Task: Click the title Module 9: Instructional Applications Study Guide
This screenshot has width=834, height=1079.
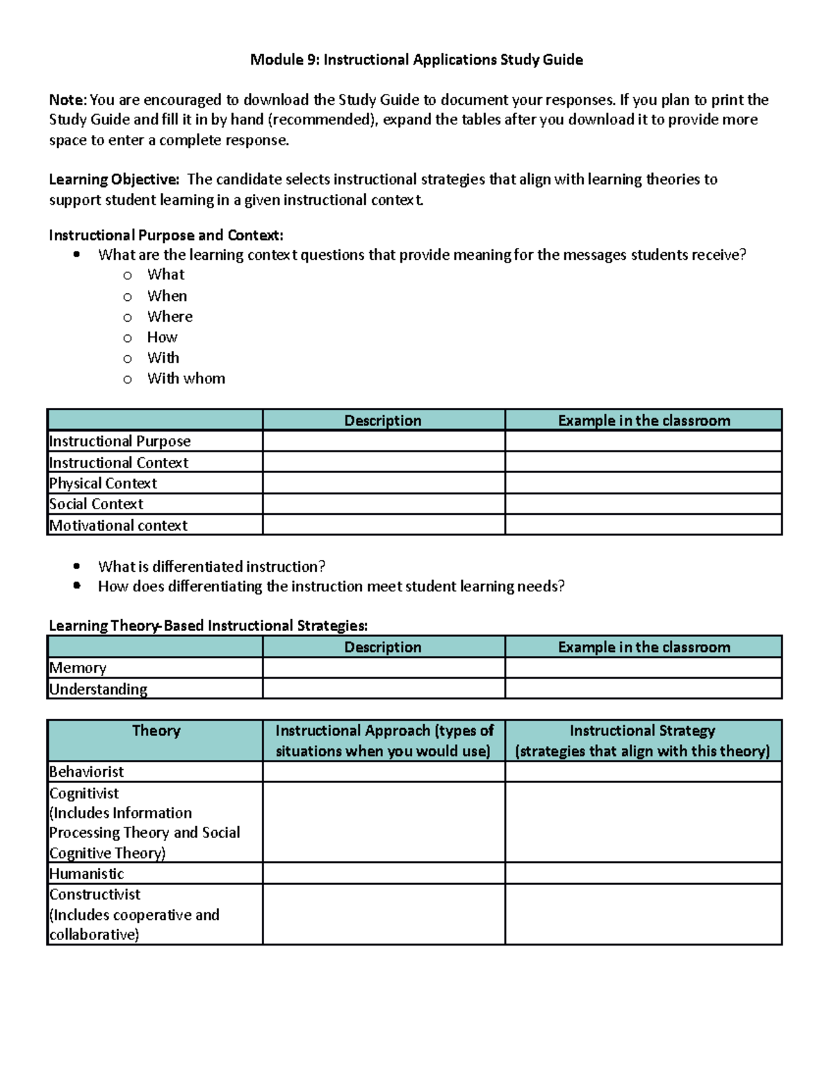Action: [x=416, y=60]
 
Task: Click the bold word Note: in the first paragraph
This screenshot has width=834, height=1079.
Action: [x=67, y=100]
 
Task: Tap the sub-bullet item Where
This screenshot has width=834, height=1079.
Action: [x=170, y=317]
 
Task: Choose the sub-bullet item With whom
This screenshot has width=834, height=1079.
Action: [x=186, y=379]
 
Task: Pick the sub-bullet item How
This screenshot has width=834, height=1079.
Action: [x=162, y=338]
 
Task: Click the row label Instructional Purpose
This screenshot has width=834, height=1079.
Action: [x=120, y=441]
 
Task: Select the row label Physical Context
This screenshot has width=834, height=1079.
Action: [x=103, y=483]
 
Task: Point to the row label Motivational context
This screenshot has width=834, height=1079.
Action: [x=118, y=525]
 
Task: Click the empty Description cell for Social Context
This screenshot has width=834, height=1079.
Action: [x=384, y=504]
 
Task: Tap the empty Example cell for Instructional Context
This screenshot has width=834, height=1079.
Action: [x=643, y=462]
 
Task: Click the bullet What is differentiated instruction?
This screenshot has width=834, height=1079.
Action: [x=211, y=566]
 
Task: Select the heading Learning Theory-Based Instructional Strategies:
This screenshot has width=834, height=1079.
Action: [x=208, y=625]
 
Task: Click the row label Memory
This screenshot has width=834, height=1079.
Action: [x=78, y=668]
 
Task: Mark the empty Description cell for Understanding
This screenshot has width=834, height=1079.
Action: [x=384, y=689]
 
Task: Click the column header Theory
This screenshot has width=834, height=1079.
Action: [x=156, y=731]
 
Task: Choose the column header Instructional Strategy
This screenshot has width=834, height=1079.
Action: [x=642, y=731]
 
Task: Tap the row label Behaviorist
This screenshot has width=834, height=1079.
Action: [x=86, y=772]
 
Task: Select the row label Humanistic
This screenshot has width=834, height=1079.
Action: [x=86, y=873]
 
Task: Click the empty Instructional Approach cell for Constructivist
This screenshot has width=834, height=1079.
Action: [x=384, y=914]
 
